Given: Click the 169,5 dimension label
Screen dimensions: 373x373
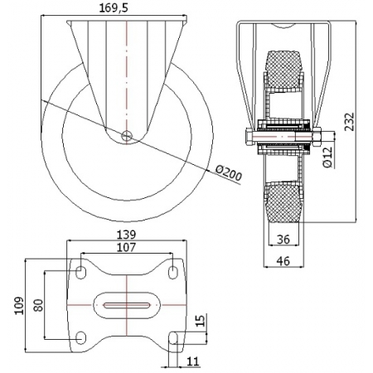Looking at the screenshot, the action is click(x=114, y=8).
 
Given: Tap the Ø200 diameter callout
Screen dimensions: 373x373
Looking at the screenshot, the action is click(x=228, y=173).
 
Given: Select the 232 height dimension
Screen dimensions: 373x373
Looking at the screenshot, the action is click(x=350, y=122).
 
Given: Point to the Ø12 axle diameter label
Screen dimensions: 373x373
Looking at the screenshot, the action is click(x=327, y=157).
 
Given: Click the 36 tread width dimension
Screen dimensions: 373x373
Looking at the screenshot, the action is click(x=283, y=240).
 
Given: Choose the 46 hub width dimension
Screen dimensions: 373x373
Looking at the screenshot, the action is click(x=283, y=261).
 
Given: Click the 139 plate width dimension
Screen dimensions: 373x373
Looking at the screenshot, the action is click(x=126, y=235).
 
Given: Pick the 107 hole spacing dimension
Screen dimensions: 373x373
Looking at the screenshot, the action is click(x=126, y=247).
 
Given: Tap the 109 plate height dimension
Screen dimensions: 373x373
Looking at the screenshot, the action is click(x=20, y=306).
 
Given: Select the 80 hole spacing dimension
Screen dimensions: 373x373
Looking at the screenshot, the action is click(x=39, y=305).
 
